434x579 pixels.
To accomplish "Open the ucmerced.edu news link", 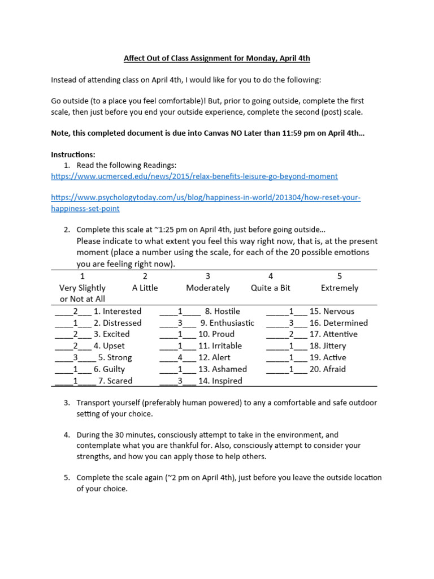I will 194,176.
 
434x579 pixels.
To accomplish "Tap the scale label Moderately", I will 208,288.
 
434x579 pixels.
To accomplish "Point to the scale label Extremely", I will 340,288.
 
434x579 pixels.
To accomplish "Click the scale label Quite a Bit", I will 271,288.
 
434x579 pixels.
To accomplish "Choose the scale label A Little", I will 145,288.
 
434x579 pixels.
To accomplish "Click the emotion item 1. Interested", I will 118,311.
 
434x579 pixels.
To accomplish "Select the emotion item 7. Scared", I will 115,381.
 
